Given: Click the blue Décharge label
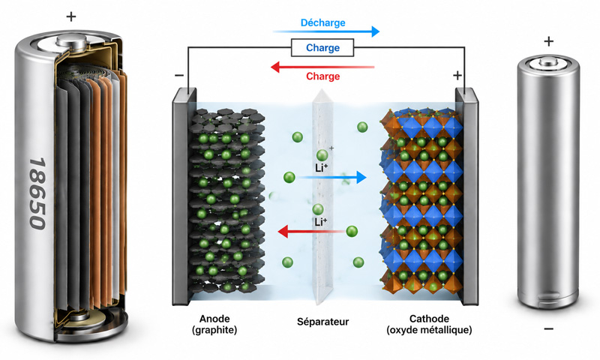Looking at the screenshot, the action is [x=323, y=23].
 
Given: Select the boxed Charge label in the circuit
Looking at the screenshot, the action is [x=322, y=48].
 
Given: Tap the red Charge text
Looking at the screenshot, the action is [x=323, y=76].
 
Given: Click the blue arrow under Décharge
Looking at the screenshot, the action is [x=326, y=31].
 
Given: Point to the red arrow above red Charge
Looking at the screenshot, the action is [x=322, y=67].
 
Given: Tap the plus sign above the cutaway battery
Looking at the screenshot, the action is [x=71, y=16].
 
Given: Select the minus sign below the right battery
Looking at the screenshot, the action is [x=548, y=328].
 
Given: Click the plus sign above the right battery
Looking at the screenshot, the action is [x=549, y=41].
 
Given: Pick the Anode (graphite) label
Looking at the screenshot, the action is [x=214, y=324].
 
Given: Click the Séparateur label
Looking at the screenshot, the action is [x=323, y=322].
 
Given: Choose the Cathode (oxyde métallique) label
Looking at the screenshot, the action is [x=429, y=324].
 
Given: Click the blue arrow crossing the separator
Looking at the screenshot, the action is [x=331, y=177].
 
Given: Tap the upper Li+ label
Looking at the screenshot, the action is [x=322, y=167].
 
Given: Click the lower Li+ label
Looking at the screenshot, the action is [x=321, y=222].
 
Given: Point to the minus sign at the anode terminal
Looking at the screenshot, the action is [x=179, y=75].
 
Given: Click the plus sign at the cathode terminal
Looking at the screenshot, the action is [x=457, y=75].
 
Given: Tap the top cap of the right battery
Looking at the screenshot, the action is [x=549, y=61].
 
